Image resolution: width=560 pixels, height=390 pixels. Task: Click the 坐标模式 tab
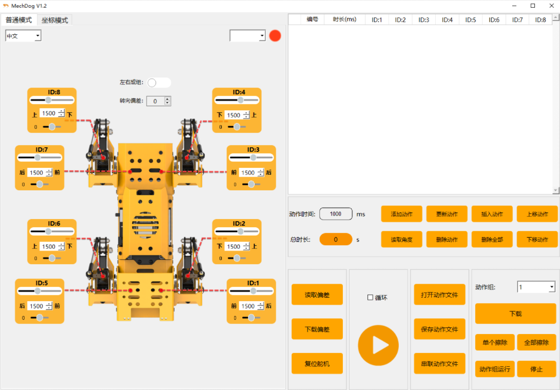coord(54,20)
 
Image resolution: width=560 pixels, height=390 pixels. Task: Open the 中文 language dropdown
coord(23,36)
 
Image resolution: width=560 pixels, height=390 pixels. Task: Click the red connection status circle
coord(275,36)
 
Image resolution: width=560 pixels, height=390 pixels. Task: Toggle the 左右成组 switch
coord(159,83)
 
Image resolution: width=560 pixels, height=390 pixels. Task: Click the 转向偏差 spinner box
coord(159,101)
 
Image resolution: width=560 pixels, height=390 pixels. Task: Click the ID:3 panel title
coord(253,150)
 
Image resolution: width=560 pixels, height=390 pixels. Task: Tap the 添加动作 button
coord(401,214)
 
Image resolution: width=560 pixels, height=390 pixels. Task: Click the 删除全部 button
coord(492,239)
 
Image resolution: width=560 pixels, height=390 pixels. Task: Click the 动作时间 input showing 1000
coord(336,214)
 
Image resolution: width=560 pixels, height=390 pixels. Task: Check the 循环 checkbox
coord(371,298)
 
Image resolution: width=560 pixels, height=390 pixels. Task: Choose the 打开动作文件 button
coord(440,295)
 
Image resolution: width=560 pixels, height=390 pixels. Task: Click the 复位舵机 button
coord(317,363)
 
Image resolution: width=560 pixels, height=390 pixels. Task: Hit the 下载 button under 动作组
coord(515,314)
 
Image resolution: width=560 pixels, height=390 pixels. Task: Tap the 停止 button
coord(536,369)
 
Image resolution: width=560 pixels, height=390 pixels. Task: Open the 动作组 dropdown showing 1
coord(536,287)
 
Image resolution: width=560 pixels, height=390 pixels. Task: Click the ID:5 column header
coord(470,19)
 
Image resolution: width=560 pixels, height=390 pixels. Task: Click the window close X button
coord(551,6)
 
